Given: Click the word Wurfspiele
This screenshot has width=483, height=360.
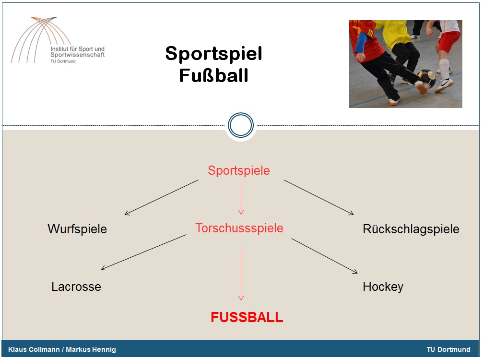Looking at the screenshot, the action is [77, 229].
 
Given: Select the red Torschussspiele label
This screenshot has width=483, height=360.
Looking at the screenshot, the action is [239, 228].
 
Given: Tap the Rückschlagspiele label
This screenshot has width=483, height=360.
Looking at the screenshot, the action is [411, 229].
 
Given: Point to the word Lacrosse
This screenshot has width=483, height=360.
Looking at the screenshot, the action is [76, 287].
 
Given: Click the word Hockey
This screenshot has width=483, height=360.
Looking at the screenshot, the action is [383, 287].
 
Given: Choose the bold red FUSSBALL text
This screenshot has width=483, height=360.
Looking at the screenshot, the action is [247, 317].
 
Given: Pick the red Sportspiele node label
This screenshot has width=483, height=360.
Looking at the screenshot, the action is [239, 170].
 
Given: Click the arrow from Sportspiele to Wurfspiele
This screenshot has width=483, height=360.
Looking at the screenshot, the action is [162, 197].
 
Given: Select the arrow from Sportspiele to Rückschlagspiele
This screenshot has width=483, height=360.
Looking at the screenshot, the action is [318, 197].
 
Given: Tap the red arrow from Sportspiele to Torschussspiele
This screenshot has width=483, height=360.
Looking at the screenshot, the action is [241, 199].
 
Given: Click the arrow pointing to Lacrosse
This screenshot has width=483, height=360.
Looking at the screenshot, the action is [143, 252].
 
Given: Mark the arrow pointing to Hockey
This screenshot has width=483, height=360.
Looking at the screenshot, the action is [324, 256].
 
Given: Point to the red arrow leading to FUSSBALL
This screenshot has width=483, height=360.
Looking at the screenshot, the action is [241, 273].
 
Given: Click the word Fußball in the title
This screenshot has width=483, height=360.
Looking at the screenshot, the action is [213, 75].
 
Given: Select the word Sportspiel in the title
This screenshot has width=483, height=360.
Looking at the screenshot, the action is [213, 54].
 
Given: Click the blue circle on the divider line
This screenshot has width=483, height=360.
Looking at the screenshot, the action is [241, 113].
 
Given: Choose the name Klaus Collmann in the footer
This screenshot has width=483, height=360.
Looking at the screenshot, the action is [34, 349].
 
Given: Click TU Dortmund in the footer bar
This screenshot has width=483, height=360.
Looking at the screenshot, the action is [448, 349].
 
